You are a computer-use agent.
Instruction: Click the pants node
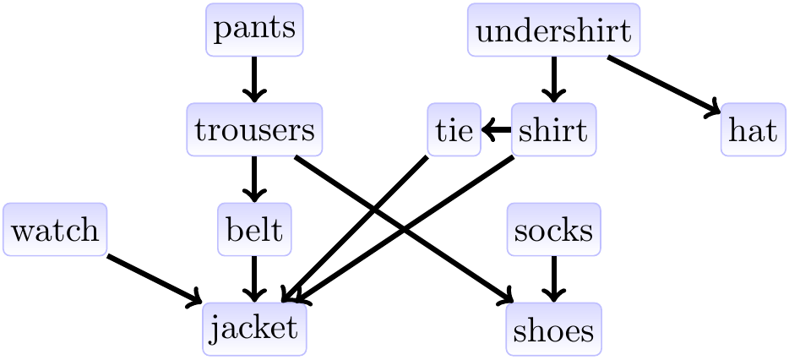(254, 30)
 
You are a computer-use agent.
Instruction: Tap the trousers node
(254, 129)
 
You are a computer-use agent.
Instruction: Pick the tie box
(454, 130)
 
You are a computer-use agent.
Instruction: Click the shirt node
(553, 130)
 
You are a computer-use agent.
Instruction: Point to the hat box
(753, 130)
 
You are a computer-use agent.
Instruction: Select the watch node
(55, 229)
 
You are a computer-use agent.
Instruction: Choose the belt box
(254, 229)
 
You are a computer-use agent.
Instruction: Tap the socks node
(553, 229)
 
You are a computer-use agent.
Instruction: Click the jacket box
(254, 329)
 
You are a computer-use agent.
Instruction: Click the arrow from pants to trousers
(254, 79)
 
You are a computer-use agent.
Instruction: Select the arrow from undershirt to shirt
(553, 79)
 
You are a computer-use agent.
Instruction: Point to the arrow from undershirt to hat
(663, 84)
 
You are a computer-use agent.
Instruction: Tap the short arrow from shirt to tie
(497, 130)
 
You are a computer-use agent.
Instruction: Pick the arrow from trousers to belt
(254, 179)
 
